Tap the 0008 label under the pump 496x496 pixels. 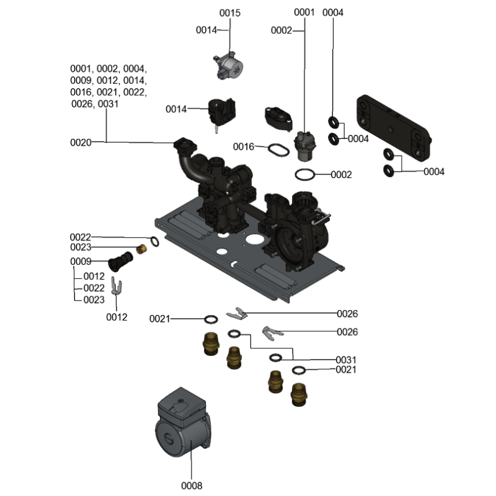pos(192,485)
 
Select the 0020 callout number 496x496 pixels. pos(81,143)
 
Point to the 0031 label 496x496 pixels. pos(347,360)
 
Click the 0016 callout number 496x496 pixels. pos(243,147)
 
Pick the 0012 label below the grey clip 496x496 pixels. pos(117,317)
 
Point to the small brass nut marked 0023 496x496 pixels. pos(142,250)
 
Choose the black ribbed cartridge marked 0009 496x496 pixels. pos(121,261)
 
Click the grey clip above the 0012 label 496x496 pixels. pos(116,285)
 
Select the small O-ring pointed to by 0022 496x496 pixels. pos(153,241)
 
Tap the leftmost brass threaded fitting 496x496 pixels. pos(211,343)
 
